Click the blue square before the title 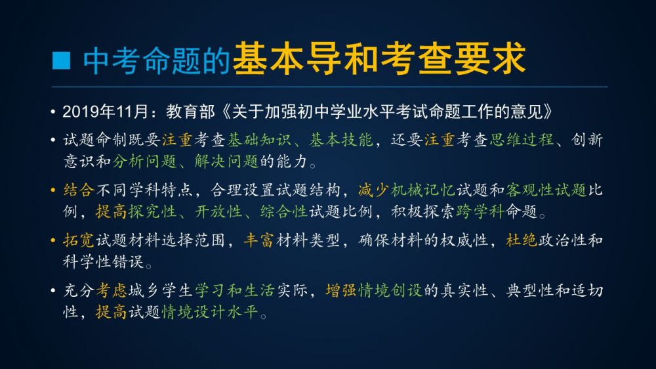[x=61, y=60]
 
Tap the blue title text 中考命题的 [x=157, y=61]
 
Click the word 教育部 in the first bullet [x=190, y=112]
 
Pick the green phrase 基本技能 [x=341, y=140]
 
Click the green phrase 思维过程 [x=522, y=140]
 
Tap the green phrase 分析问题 [x=144, y=162]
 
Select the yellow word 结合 [x=79, y=190]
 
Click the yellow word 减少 [x=374, y=190]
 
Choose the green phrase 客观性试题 [x=546, y=190]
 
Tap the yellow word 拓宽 [x=79, y=240]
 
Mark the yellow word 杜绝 [x=522, y=240]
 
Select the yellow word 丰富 [x=259, y=240]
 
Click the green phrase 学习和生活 [x=234, y=291]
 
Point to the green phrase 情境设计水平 [x=210, y=312]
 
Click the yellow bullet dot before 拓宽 [x=53, y=240]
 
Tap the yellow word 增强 [x=341, y=291]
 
